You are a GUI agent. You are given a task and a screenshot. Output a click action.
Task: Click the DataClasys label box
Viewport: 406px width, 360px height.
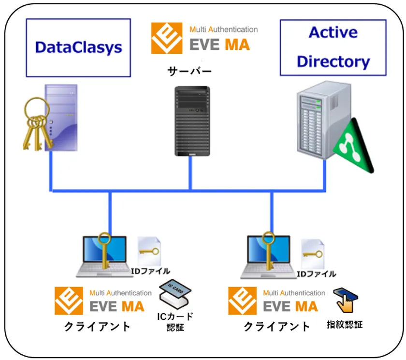[78, 48]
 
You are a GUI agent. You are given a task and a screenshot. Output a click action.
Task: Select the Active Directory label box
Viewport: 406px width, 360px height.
[333, 48]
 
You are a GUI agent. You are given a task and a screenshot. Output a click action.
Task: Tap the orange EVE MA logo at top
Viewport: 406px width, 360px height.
[167, 38]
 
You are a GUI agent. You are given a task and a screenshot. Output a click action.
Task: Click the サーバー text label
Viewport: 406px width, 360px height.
[189, 71]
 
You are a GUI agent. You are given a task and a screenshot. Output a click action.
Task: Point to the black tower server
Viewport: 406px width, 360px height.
[192, 121]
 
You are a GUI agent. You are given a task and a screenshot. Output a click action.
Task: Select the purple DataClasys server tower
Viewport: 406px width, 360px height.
[61, 118]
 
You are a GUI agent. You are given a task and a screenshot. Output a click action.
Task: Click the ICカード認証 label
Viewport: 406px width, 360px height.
[175, 322]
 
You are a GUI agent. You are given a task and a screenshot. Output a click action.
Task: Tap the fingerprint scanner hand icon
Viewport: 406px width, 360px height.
[346, 300]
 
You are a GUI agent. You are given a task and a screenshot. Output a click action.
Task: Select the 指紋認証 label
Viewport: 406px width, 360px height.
[345, 324]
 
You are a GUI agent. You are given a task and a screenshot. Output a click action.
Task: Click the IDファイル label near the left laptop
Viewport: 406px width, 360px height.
[150, 271]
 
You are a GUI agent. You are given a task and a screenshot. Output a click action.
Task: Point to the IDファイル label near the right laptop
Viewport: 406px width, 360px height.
[317, 274]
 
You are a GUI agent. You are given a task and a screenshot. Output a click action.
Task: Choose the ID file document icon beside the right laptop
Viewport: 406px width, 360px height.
[313, 254]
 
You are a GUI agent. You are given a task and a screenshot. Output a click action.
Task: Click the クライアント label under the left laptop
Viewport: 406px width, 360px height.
[97, 326]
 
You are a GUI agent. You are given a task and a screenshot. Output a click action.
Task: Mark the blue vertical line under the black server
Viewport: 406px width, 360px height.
[190, 173]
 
